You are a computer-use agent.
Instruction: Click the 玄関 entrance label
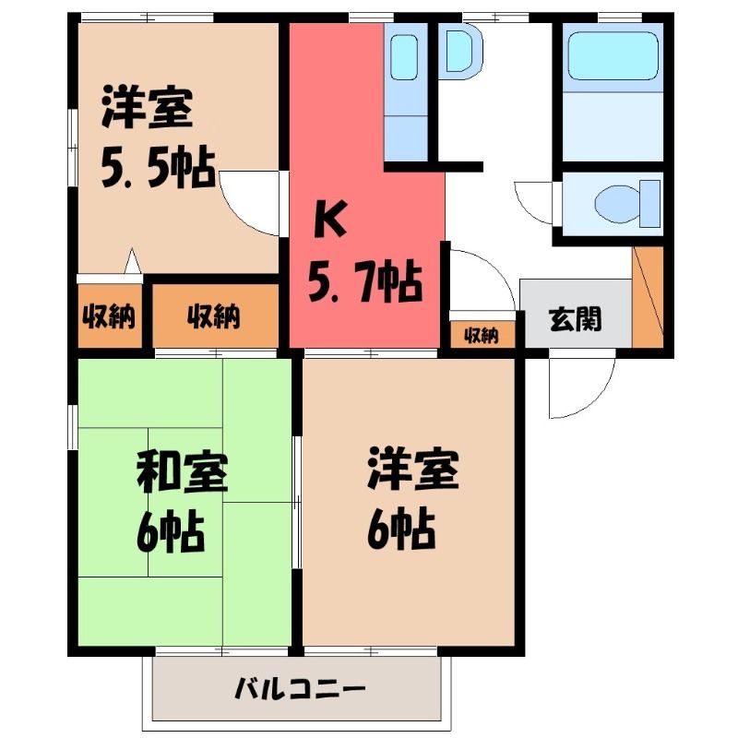tap(575, 319)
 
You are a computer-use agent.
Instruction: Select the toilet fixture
tap(627, 203)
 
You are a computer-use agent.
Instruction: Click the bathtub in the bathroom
tap(613, 55)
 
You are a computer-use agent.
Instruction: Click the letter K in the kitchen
tap(331, 219)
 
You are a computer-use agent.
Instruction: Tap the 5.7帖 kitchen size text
tap(364, 281)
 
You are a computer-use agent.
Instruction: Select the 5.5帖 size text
tap(158, 168)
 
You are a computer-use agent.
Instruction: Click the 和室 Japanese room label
tap(183, 472)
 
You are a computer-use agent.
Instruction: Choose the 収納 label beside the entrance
tap(482, 336)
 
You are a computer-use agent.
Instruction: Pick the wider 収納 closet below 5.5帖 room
tap(215, 315)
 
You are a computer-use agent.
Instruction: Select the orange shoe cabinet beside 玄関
tap(648, 296)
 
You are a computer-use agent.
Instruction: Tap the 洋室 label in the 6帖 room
tap(412, 470)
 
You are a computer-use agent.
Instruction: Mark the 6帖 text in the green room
tap(171, 533)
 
